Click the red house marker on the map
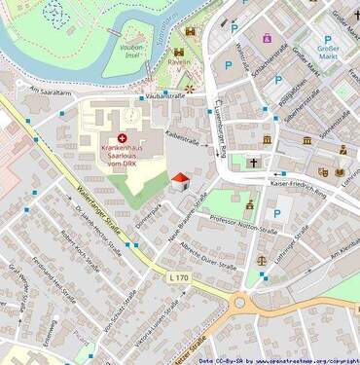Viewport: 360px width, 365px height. pyautogui.click(x=179, y=181)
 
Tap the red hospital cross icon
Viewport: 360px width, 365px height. pyautogui.click(x=122, y=139)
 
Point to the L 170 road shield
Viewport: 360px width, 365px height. pyautogui.click(x=178, y=278)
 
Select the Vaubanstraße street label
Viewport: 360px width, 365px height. pyautogui.click(x=164, y=96)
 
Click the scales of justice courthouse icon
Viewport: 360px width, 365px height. pyautogui.click(x=261, y=261)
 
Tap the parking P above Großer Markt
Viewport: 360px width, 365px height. pyautogui.click(x=328, y=40)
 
